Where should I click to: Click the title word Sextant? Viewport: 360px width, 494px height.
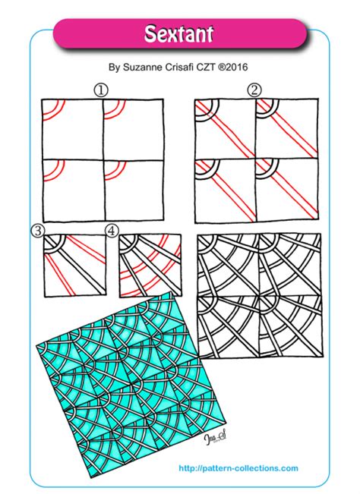tap(180, 33)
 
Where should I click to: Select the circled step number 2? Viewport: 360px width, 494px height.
tap(254, 90)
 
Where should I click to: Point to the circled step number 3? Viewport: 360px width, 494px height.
tap(36, 229)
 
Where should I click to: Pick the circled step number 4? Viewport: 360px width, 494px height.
tap(112, 229)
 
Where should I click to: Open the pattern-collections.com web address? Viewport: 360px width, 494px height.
tap(238, 469)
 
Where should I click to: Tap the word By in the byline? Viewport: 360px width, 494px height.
tap(115, 67)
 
